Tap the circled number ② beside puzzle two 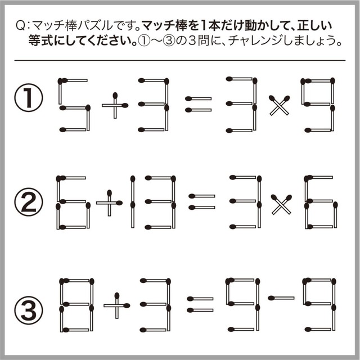[x=29, y=202]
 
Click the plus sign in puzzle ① [x=115, y=105]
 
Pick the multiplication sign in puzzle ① [x=280, y=105]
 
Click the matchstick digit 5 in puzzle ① [x=74, y=105]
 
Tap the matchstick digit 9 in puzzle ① [x=318, y=105]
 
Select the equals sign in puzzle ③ [x=200, y=304]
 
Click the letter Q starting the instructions [x=21, y=26]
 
